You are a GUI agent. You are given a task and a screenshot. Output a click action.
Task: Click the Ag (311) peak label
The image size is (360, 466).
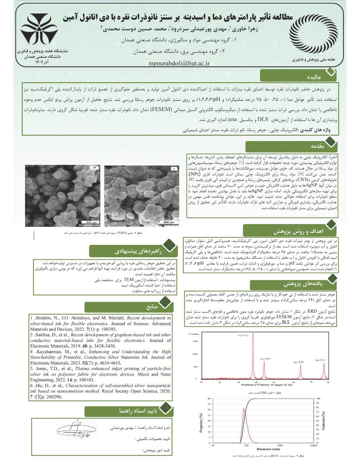click(x=320, y=360)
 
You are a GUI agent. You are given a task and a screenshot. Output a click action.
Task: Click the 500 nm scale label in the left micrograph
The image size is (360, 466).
click(x=87, y=223)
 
